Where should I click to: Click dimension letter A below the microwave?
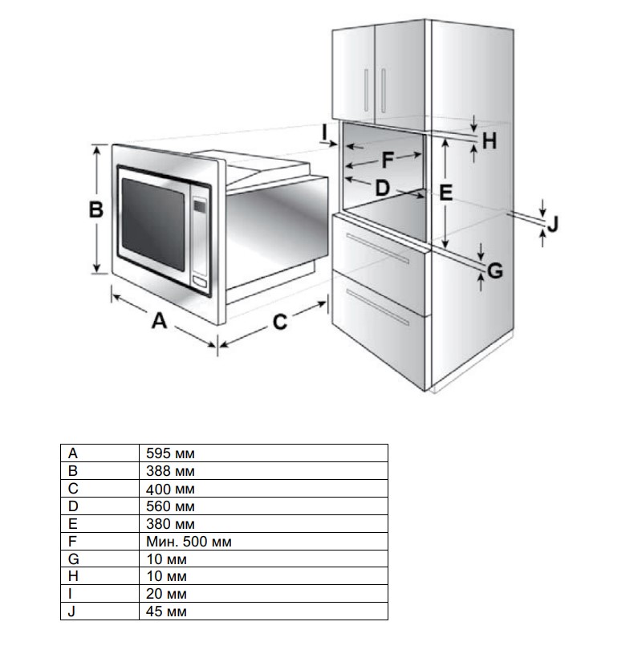[x=160, y=322]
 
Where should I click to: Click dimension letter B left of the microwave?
[x=96, y=210]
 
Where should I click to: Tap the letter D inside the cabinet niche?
[x=382, y=187]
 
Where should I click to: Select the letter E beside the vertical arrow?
[x=446, y=193]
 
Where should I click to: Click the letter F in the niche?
[x=388, y=160]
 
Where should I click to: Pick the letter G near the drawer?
[x=495, y=271]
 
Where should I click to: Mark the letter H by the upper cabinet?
[x=490, y=142]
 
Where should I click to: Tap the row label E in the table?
[x=74, y=524]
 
